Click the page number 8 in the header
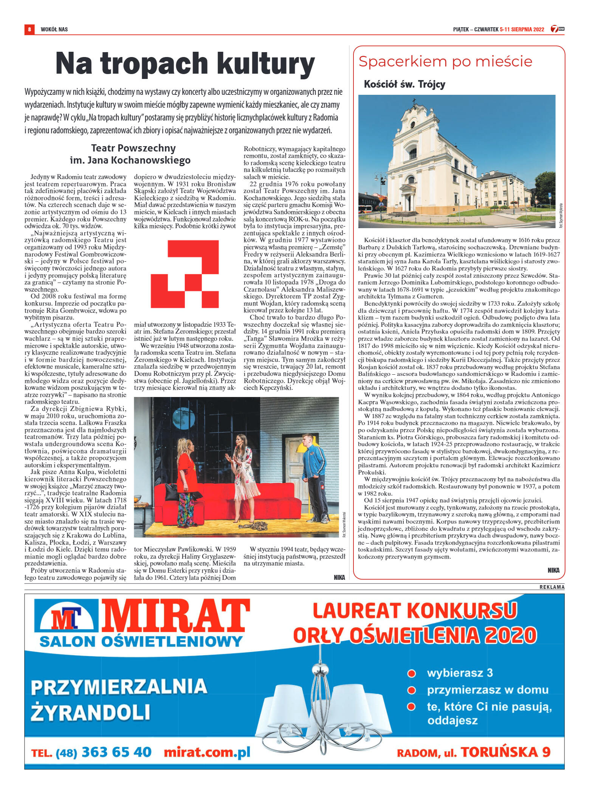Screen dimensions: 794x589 point(29,29)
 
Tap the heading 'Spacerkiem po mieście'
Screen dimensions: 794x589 point(445,62)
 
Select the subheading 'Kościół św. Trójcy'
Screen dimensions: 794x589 point(404,84)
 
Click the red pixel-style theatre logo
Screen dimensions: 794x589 point(185,274)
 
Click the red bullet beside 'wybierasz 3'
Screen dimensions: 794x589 point(411,674)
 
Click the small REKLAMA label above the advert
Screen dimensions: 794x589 point(552,587)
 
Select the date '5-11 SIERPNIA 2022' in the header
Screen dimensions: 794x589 point(522,29)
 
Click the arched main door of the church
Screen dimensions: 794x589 point(408,203)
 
